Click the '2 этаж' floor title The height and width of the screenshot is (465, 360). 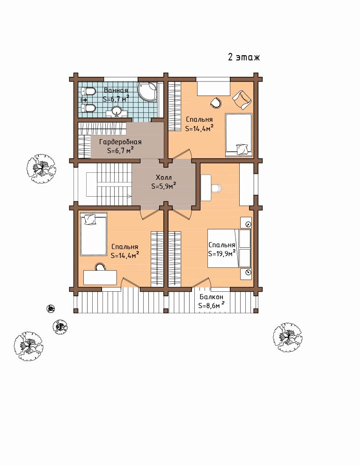[x=244, y=57]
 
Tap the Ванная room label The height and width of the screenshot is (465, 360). [x=116, y=90]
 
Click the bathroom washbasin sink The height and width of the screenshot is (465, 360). [x=116, y=111]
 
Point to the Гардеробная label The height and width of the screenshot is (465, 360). [x=120, y=142]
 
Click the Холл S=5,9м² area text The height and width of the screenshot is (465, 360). [x=164, y=182]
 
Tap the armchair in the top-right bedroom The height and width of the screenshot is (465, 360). [x=242, y=99]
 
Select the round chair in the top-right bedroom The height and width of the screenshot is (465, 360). [x=216, y=103]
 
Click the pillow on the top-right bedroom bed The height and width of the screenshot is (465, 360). [x=242, y=149]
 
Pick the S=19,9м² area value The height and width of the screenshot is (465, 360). [x=222, y=253]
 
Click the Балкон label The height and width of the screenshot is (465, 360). [x=212, y=297]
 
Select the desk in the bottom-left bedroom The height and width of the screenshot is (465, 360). [x=100, y=277]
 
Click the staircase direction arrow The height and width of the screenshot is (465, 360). [x=129, y=196]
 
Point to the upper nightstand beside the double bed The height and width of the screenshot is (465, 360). [x=246, y=223]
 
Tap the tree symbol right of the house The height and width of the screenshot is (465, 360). [x=287, y=338]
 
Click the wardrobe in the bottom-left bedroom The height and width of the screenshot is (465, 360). [x=157, y=259]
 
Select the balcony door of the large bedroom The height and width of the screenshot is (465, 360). [x=201, y=283]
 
